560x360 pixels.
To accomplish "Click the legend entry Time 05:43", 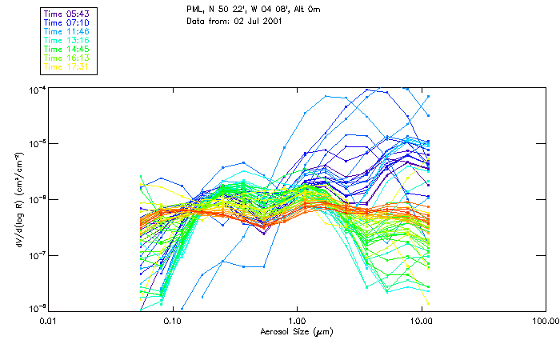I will pyautogui.click(x=67, y=14).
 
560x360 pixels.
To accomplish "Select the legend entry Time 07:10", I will pyautogui.click(x=67, y=22).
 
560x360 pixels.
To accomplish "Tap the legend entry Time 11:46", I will pyautogui.click(x=67, y=31).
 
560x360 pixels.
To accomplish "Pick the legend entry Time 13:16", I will pyautogui.click(x=67, y=40).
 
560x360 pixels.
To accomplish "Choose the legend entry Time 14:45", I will pyautogui.click(x=67, y=49).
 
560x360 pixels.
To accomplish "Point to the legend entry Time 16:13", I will pyautogui.click(x=67, y=58).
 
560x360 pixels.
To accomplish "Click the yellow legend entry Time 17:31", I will pyautogui.click(x=67, y=66).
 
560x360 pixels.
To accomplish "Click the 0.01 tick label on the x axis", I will pyautogui.click(x=48, y=320).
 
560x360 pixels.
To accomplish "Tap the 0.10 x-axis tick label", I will pyautogui.click(x=172, y=320).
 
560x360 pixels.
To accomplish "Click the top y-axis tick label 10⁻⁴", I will pyautogui.click(x=37, y=88).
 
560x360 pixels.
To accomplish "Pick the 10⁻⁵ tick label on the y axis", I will pyautogui.click(x=37, y=143).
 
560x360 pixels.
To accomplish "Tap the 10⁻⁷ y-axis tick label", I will pyautogui.click(x=37, y=254).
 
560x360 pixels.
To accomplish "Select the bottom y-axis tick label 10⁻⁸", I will pyautogui.click(x=37, y=309).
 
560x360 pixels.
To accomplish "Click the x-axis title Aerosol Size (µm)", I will pyautogui.click(x=296, y=330).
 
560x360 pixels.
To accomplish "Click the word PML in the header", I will pyautogui.click(x=195, y=11).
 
